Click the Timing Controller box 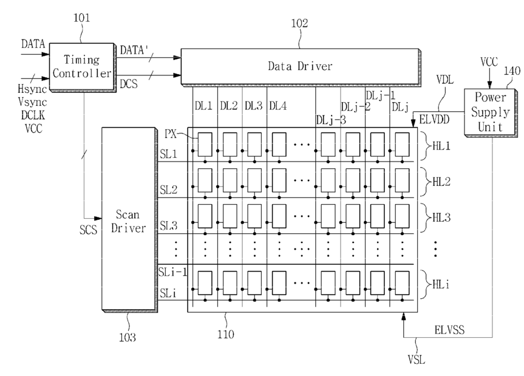(x=82, y=67)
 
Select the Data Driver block (x=301, y=67)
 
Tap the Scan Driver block (x=129, y=219)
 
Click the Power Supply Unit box (x=490, y=112)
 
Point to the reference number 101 (x=81, y=18)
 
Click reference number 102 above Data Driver (x=299, y=24)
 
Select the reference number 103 (x=128, y=337)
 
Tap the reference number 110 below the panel (x=226, y=334)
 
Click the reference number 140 (x=512, y=71)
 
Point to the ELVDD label (x=434, y=119)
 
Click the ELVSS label (x=449, y=330)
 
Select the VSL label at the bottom (x=417, y=360)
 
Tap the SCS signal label (x=88, y=230)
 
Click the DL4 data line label (x=278, y=106)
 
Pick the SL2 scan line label (x=168, y=190)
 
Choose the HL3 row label (x=441, y=217)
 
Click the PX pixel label (x=171, y=134)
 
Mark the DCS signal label (x=129, y=84)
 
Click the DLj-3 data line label (x=331, y=120)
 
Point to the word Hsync (x=32, y=89)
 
